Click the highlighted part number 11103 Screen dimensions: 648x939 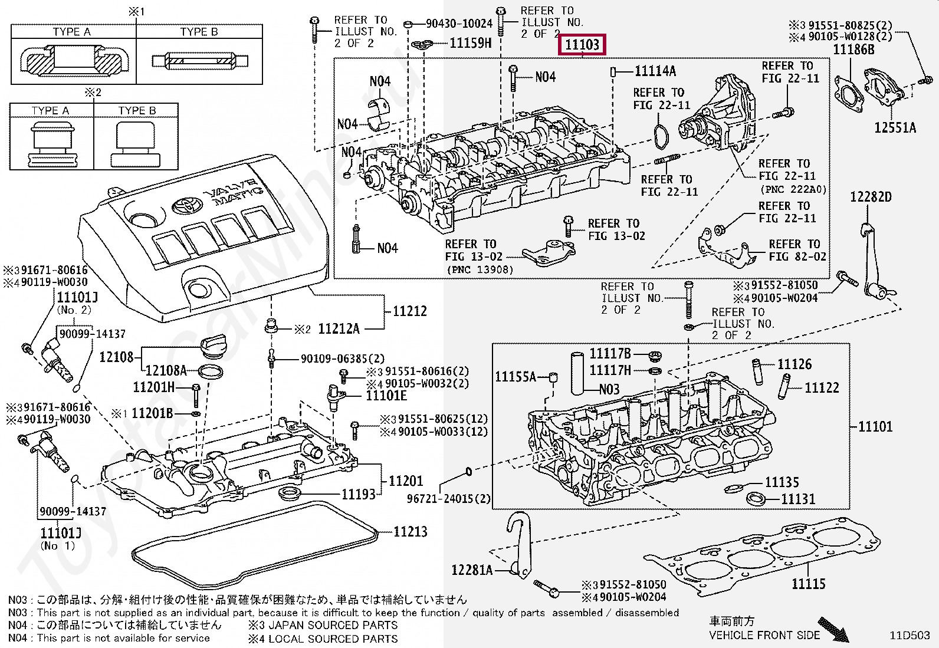582,45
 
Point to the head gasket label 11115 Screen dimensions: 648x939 808,584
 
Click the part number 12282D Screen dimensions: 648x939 871,197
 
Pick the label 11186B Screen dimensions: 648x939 853,50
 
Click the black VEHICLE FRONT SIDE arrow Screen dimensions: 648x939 834,630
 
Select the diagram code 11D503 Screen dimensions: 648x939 910,636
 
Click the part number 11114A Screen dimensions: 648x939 655,71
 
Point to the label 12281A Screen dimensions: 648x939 471,570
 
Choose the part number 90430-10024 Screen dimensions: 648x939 459,24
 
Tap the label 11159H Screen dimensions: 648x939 470,43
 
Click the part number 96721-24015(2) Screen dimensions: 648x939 448,499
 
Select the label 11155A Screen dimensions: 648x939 515,377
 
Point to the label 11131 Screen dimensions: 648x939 798,499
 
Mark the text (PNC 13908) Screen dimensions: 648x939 480,269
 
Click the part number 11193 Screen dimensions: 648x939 359,494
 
